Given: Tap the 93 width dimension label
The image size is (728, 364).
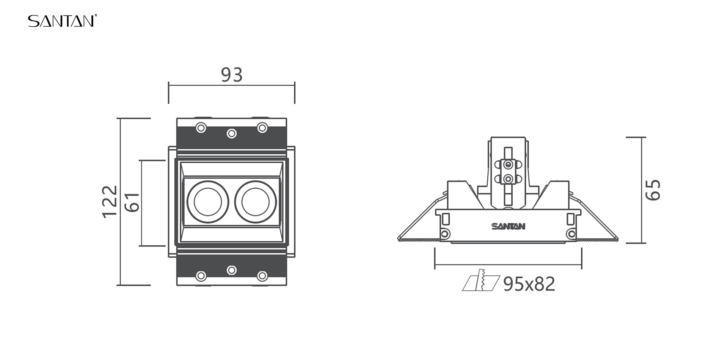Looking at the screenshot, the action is point(232,75).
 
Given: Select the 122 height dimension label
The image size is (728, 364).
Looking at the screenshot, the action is point(110,202).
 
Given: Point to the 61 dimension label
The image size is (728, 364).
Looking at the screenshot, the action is point(132,202).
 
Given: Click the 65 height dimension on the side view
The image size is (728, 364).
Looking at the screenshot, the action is point(653,190).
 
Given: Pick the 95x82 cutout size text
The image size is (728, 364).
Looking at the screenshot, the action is point(529,284).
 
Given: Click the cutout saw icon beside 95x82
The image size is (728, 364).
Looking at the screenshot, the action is point(481,280).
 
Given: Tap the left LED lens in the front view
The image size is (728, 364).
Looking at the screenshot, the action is point(208,202).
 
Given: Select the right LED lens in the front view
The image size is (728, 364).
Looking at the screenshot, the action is point(256,202).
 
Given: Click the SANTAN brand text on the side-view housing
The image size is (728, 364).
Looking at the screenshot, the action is point(508,226).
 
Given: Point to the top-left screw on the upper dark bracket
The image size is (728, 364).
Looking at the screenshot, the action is point(201,128).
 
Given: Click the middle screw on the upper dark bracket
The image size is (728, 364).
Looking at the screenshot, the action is point(232,133).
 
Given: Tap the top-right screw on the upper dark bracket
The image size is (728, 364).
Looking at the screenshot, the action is point(262,128).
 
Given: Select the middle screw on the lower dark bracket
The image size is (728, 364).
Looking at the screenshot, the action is point(232,270).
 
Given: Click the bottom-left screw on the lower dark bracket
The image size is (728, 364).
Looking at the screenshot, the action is point(201,276).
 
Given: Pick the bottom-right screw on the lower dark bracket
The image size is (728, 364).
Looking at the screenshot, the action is point(262,276).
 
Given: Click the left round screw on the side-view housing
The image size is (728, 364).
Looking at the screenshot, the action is point(446,234).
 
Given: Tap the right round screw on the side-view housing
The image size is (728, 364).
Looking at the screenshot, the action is point(571,234).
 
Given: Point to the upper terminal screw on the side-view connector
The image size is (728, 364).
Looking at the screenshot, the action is point(508,165).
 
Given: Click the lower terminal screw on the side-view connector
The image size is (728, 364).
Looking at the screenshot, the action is point(508,179).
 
